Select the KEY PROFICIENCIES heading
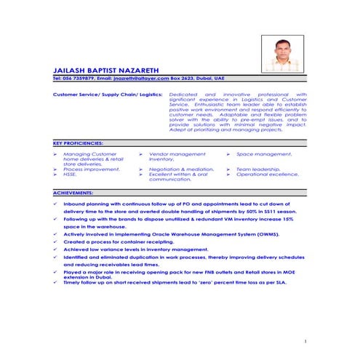point(79,143)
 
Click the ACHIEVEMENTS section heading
point(73,192)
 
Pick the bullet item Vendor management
point(177,154)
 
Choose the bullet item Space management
point(264,154)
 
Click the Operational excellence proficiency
point(268,175)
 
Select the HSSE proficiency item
point(70,175)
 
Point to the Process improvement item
point(91,169)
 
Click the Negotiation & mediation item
point(180,169)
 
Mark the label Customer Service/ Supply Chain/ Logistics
point(107,95)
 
